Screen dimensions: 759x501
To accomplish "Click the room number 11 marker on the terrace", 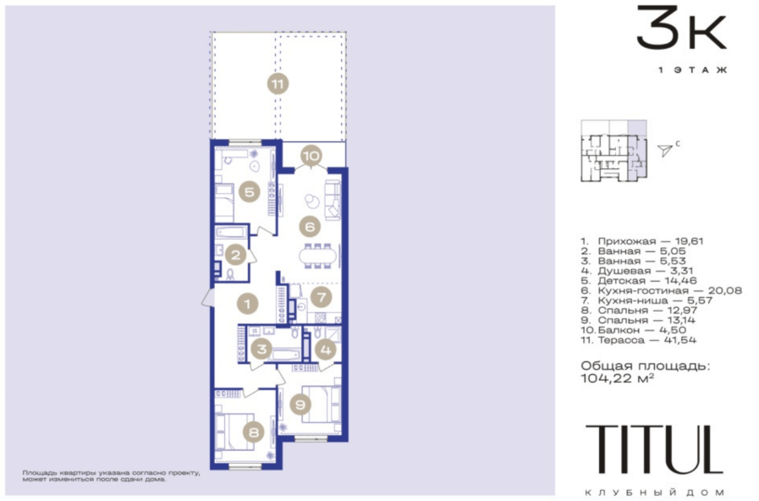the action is (278, 85).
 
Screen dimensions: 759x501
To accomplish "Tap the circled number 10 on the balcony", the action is (311, 156).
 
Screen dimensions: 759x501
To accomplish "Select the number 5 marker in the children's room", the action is (250, 192).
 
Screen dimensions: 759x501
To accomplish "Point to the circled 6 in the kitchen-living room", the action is (311, 226).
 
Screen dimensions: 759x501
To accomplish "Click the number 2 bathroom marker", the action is (236, 255).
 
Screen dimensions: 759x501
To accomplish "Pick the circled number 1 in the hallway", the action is (248, 304).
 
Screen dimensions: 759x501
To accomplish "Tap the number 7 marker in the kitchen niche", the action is (322, 297).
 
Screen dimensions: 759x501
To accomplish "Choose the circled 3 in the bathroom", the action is (261, 349).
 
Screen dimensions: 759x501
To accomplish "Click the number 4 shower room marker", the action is (326, 349).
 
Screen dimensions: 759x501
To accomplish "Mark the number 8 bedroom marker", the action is (254, 432).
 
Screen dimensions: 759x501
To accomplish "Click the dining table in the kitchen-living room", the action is (317, 256).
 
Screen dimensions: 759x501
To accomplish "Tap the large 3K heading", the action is (681, 28).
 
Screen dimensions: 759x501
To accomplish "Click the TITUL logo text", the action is (654, 449).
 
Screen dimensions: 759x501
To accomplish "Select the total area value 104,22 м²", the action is (618, 378).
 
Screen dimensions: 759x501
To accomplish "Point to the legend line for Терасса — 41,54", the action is (639, 340).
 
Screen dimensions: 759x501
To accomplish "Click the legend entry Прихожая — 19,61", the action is (642, 241).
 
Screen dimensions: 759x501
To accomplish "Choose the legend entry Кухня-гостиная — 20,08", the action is (661, 290).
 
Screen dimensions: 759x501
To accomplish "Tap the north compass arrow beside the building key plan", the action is (665, 150).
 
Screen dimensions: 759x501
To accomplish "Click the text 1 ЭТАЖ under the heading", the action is (693, 70).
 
